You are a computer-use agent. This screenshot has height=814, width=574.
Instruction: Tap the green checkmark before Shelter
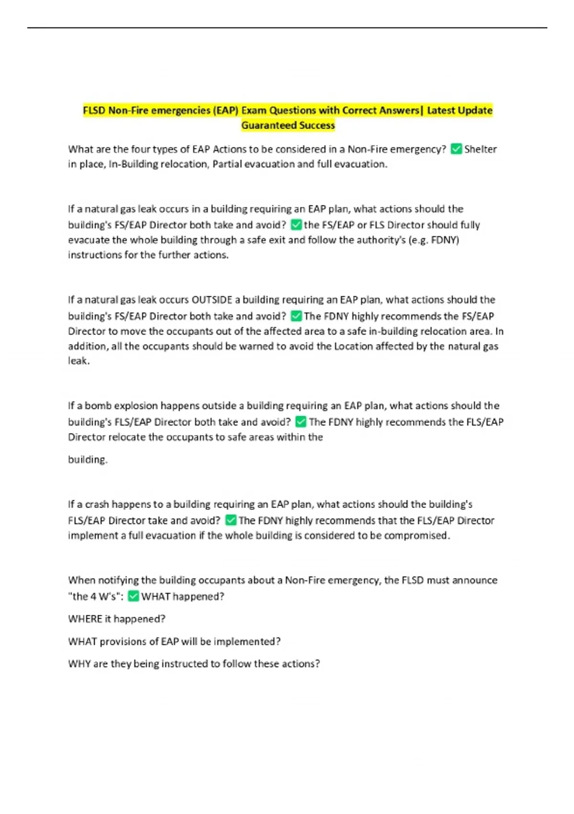pos(456,149)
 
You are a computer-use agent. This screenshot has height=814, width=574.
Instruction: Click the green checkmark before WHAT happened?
pos(133,596)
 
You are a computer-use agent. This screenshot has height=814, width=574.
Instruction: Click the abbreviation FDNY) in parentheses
pos(445,240)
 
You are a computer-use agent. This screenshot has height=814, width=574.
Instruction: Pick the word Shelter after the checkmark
pos(480,149)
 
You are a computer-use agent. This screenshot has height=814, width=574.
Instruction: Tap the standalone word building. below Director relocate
pos(88,460)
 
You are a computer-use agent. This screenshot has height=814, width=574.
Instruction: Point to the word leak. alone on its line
pos(78,361)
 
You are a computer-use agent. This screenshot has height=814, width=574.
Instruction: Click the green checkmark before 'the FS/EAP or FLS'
pos(296,225)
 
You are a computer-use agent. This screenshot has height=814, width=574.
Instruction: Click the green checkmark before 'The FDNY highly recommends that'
pos(231,520)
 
